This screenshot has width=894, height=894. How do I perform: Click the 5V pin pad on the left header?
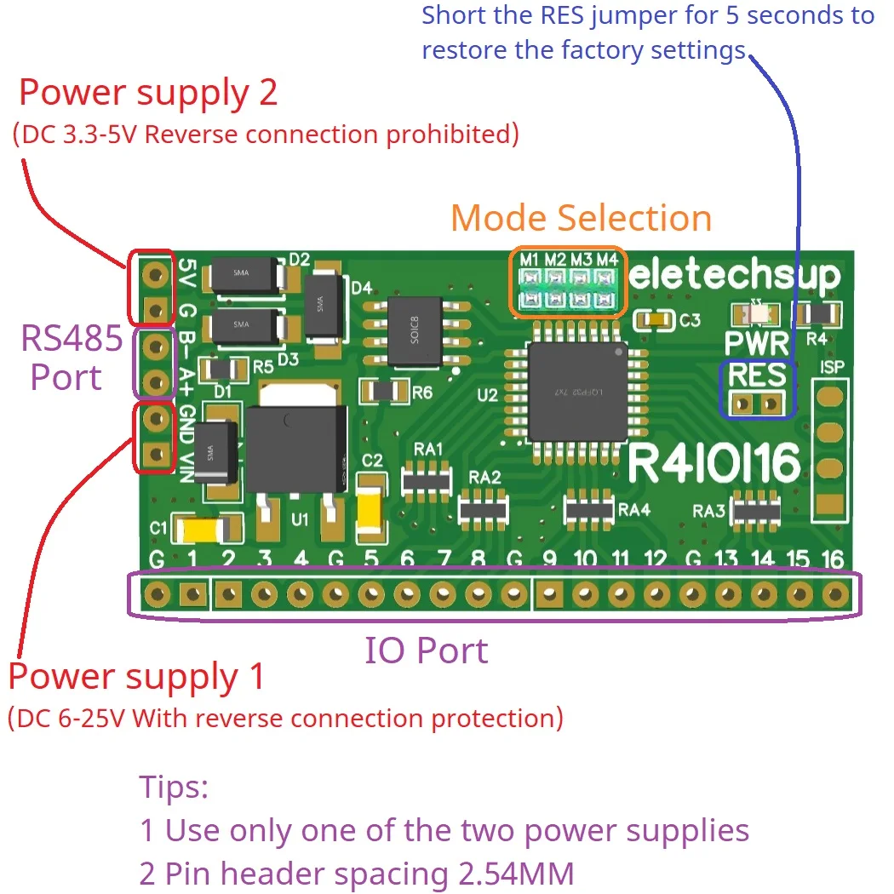pyautogui.click(x=155, y=273)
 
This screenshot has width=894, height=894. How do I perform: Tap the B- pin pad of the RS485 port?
pyautogui.click(x=155, y=347)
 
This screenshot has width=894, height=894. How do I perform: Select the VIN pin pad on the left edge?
pyautogui.click(x=155, y=456)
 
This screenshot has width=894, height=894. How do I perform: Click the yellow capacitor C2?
pyautogui.click(x=372, y=510)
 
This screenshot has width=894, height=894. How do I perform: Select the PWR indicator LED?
pyautogui.click(x=757, y=315)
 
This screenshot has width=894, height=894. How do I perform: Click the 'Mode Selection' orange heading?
pyautogui.click(x=581, y=218)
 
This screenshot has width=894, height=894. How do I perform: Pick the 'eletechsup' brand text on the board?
pyautogui.click(x=736, y=275)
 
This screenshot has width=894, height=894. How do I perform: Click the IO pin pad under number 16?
pyautogui.click(x=834, y=593)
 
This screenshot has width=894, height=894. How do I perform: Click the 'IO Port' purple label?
pyautogui.click(x=427, y=650)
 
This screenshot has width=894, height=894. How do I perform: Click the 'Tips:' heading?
pyautogui.click(x=174, y=787)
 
